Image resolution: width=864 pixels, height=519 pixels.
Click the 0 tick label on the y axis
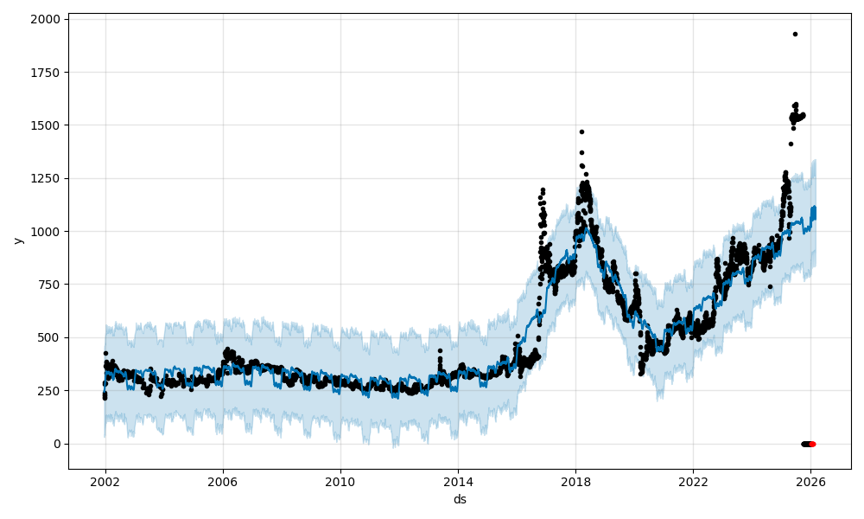click(57, 444)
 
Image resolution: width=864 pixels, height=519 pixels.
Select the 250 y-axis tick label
click(51, 391)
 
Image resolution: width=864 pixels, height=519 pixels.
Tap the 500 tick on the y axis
click(51, 337)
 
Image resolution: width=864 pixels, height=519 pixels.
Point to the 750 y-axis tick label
click(51, 285)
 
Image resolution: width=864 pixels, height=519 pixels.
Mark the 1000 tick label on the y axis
click(48, 231)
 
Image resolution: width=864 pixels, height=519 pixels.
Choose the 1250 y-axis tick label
click(48, 178)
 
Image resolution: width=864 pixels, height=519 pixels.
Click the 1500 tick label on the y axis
click(48, 125)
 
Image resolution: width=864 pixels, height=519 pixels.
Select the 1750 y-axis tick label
click(48, 73)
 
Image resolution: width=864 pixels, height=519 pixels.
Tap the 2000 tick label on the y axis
click(48, 19)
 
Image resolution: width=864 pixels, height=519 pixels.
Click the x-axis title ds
click(460, 499)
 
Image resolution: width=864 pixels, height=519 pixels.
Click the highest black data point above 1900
click(795, 34)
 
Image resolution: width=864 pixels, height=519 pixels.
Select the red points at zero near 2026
click(811, 444)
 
